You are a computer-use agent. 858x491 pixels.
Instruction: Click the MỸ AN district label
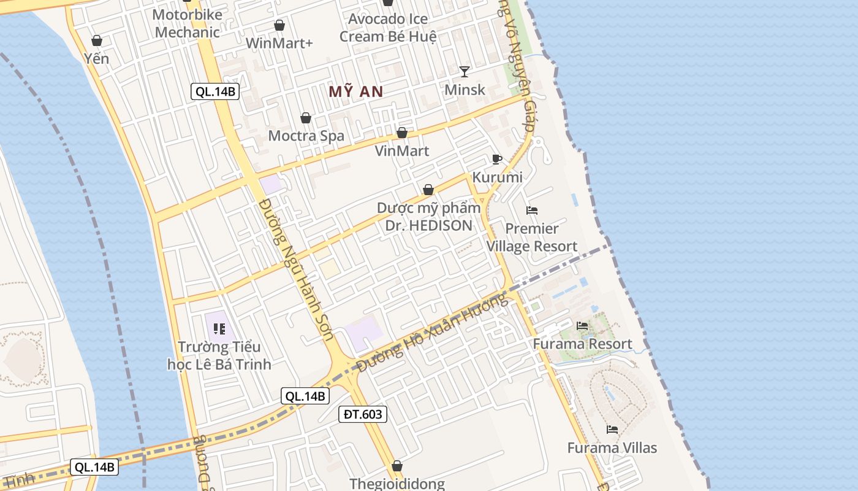[355, 92]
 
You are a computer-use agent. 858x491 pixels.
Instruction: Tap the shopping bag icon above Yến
[96, 41]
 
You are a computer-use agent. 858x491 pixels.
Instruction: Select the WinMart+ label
[279, 43]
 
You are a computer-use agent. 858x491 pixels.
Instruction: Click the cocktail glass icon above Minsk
[465, 72]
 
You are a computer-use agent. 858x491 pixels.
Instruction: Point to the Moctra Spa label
[306, 136]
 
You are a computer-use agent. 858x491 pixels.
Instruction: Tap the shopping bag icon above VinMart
[402, 133]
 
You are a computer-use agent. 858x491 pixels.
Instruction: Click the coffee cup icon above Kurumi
[497, 160]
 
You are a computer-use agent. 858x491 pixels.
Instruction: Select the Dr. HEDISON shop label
[428, 217]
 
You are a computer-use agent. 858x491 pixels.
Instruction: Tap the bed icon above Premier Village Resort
[532, 211]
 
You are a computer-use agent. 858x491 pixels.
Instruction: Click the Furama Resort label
[582, 344]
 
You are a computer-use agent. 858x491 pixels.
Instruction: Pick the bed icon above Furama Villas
[612, 430]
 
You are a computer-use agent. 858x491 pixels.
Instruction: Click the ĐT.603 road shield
[363, 414]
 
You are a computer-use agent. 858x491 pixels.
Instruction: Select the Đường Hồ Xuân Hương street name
[432, 332]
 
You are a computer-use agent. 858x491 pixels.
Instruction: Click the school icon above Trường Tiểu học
[219, 329]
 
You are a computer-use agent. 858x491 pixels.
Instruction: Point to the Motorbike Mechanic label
[187, 23]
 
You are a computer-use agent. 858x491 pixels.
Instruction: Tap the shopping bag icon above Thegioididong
[397, 466]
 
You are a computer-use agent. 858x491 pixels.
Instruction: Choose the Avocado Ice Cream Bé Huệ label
[388, 28]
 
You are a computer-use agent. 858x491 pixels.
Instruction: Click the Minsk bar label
[465, 90]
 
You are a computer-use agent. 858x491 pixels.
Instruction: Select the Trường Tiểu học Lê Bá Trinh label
[219, 356]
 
